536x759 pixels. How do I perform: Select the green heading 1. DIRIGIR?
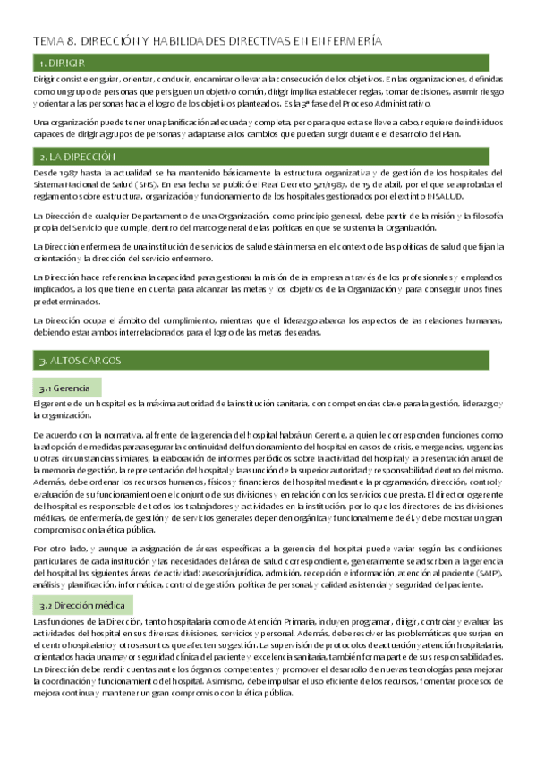coord(63,63)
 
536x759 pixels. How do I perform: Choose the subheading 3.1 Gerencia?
coord(66,388)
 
